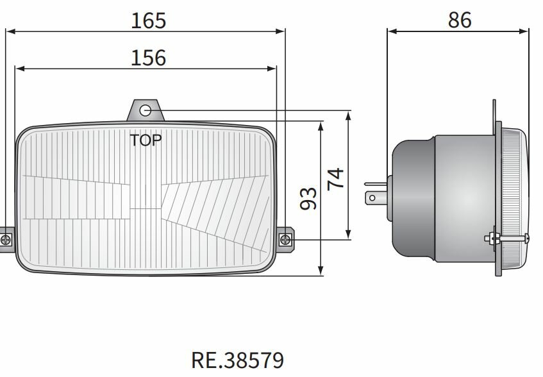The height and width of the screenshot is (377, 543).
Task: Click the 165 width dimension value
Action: click(x=148, y=21)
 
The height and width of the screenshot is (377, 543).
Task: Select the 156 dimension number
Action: click(x=148, y=58)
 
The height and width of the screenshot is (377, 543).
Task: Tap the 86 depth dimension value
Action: click(x=460, y=21)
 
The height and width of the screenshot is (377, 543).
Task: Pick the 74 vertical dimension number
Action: click(x=336, y=178)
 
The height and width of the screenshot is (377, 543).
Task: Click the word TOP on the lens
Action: click(x=146, y=140)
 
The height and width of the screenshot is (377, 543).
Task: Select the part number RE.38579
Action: click(x=237, y=360)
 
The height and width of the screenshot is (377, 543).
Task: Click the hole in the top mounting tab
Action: click(x=146, y=110)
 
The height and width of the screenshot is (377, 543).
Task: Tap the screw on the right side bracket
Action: click(x=286, y=240)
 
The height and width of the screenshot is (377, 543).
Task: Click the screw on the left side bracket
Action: click(x=6, y=240)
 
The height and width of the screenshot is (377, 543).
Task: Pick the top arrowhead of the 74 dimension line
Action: click(x=348, y=115)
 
